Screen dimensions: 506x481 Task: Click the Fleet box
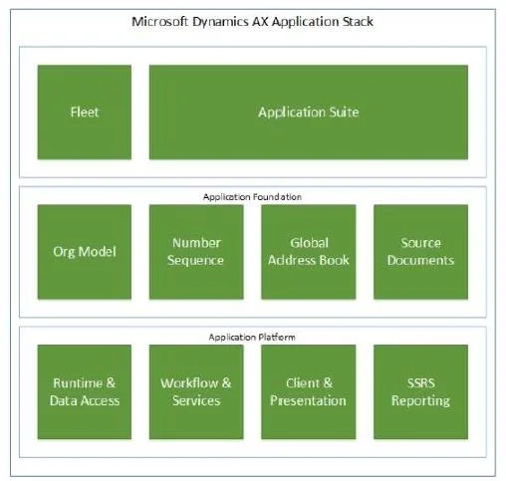[85, 113]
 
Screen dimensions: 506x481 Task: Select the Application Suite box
[309, 113]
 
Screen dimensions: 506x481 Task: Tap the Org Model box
[85, 252]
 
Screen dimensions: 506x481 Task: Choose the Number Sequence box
[196, 252]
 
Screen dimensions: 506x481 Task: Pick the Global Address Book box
[309, 252]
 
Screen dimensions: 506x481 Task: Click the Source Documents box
[420, 252]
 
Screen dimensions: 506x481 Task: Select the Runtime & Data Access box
[85, 392]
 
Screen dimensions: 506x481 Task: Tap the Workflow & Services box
[196, 392]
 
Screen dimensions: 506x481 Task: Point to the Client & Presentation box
[309, 392]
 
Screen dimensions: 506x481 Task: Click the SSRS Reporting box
[420, 392]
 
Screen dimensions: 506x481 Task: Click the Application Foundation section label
[252, 197]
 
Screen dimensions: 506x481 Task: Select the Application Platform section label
[252, 338]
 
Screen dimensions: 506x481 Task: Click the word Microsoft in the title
[160, 22]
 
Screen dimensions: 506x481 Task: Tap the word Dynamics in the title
[220, 23]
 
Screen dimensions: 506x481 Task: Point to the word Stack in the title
[358, 22]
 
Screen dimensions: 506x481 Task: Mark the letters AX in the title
[261, 22]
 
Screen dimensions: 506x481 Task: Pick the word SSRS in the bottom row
[421, 383]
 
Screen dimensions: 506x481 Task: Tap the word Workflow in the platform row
[189, 383]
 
